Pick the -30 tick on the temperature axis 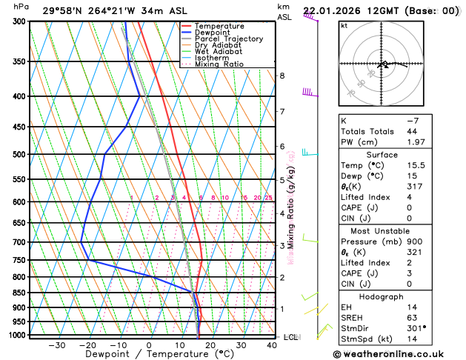(x=56, y=345)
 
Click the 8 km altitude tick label (x=282, y=76)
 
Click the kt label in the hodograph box (x=344, y=26)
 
